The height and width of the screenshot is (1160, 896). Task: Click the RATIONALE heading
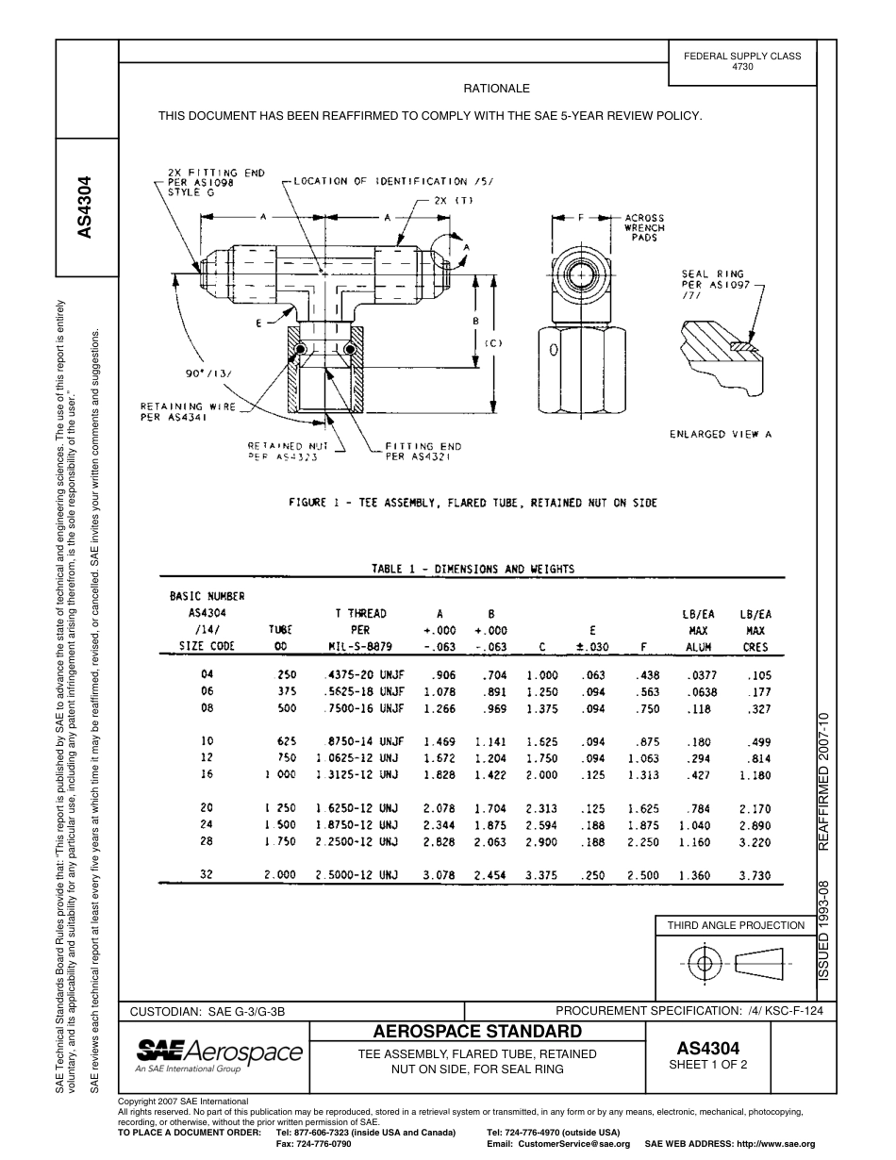496,89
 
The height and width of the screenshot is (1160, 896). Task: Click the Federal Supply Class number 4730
742,68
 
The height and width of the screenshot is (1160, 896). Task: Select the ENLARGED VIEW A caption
721,435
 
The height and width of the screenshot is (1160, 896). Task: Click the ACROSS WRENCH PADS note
644,227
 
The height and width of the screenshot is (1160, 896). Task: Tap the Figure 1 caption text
472,503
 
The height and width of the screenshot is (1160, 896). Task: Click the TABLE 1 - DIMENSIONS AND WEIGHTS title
473,569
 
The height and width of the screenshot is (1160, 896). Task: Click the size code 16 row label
207,775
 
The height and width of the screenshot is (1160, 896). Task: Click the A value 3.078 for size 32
439,875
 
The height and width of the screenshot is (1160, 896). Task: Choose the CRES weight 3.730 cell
755,875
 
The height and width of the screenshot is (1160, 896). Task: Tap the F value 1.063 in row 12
643,757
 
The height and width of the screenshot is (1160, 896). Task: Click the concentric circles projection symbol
702,963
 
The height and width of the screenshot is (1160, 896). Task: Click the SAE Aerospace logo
220,1052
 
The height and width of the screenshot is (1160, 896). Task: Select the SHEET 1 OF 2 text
707,1066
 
